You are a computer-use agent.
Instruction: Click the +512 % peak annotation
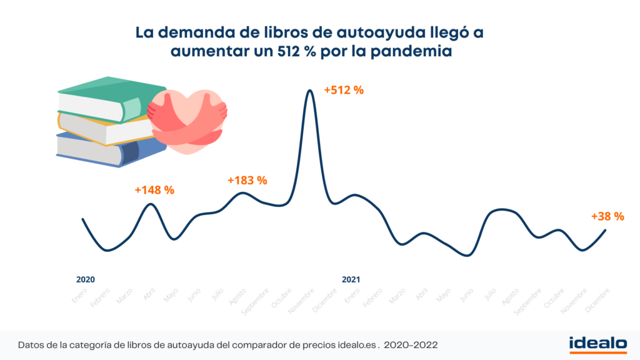click(343, 90)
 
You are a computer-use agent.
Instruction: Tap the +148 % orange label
click(154, 190)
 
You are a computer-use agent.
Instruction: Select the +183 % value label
click(247, 181)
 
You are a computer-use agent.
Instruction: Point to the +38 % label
click(607, 217)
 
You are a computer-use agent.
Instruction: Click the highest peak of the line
click(309, 91)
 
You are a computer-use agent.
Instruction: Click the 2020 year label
click(86, 279)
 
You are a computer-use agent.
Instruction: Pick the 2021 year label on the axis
click(351, 279)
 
